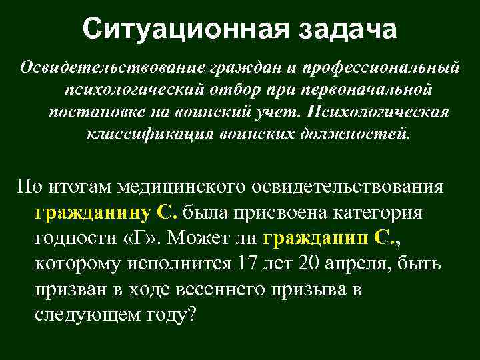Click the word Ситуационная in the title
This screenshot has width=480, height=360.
(x=185, y=29)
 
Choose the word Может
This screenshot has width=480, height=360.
(x=203, y=238)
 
